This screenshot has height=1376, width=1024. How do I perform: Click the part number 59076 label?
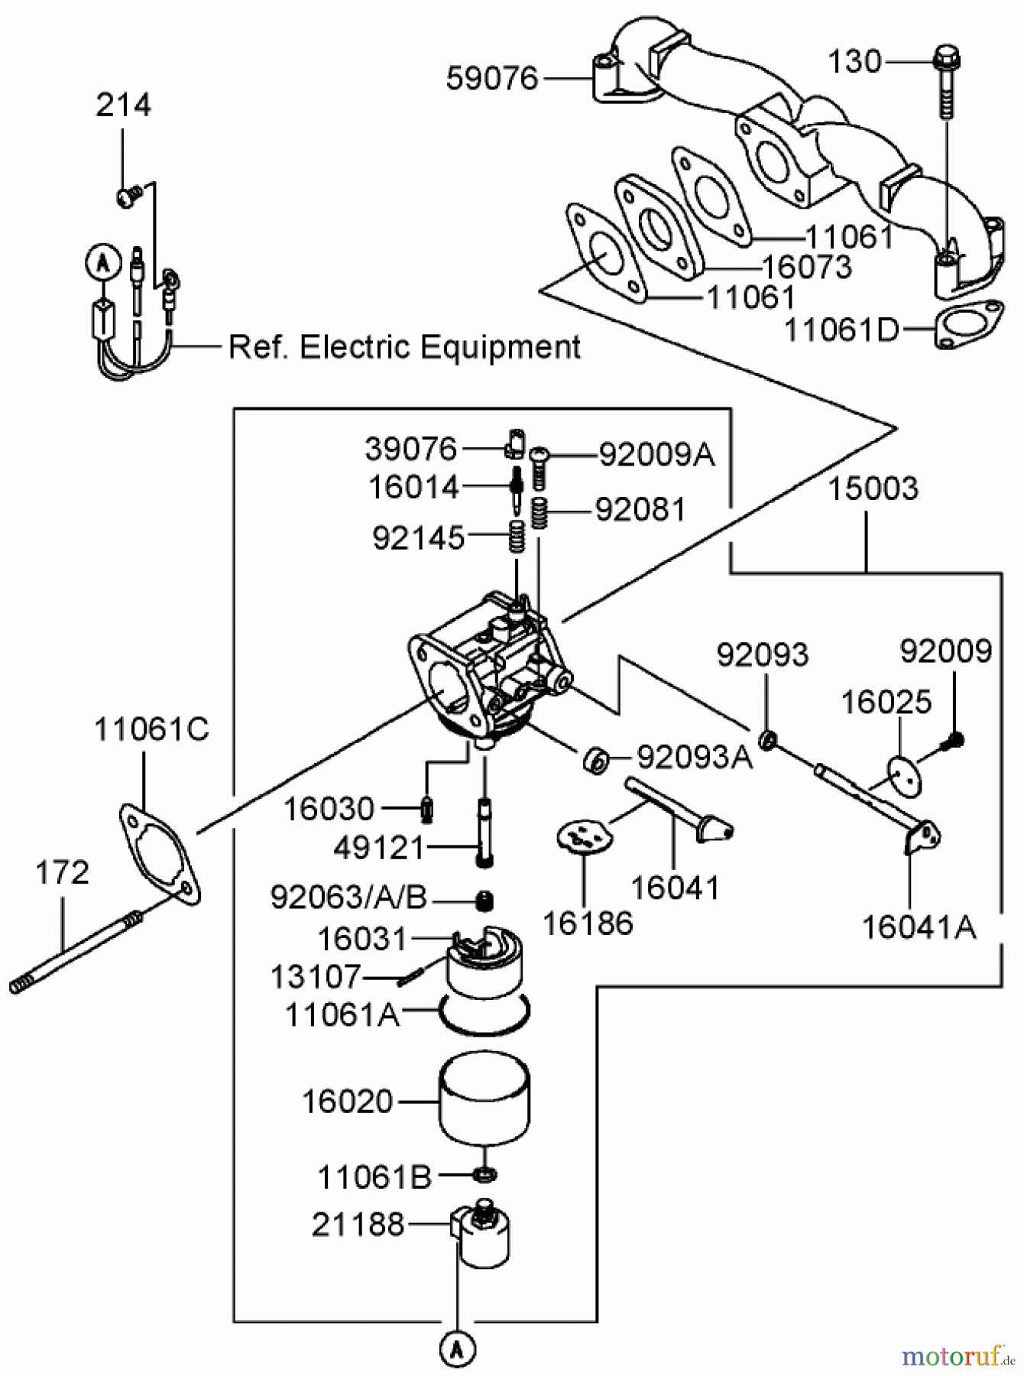(x=492, y=79)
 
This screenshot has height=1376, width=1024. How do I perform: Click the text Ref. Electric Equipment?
(x=404, y=347)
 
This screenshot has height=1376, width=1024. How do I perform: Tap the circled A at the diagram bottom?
(x=458, y=1349)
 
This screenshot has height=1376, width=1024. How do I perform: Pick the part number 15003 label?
(x=873, y=488)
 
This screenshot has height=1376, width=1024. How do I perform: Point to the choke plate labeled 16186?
(x=583, y=836)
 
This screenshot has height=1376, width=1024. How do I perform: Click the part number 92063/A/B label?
(x=348, y=897)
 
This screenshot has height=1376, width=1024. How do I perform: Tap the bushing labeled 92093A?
(x=595, y=760)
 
